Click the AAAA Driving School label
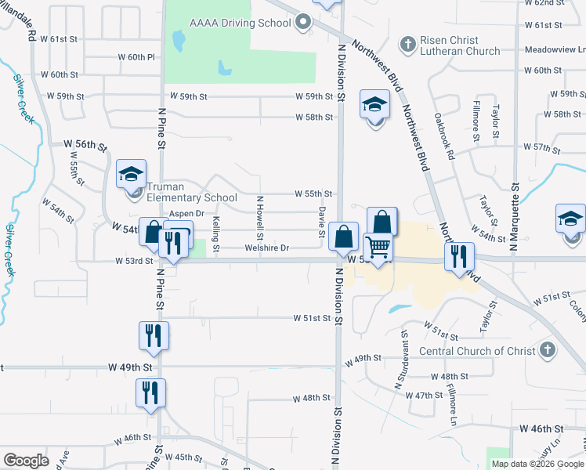point(240,23)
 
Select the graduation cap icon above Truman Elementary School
point(131,175)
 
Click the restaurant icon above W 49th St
point(153,335)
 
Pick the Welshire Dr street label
point(267,248)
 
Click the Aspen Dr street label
point(186,213)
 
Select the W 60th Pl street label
point(137,57)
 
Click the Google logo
point(26,461)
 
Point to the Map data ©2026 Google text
point(537,464)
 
